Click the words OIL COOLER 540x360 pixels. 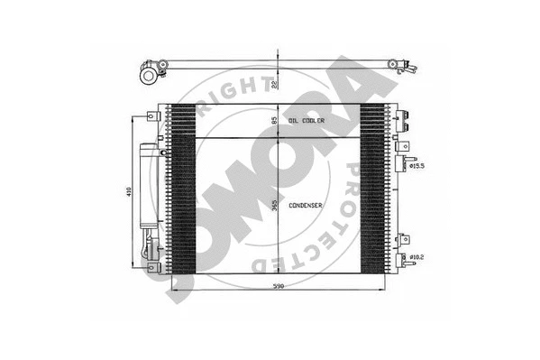[307, 120]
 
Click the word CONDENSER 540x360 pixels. [306, 205]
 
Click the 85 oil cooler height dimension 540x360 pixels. [274, 120]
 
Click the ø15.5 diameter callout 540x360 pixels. [416, 165]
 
